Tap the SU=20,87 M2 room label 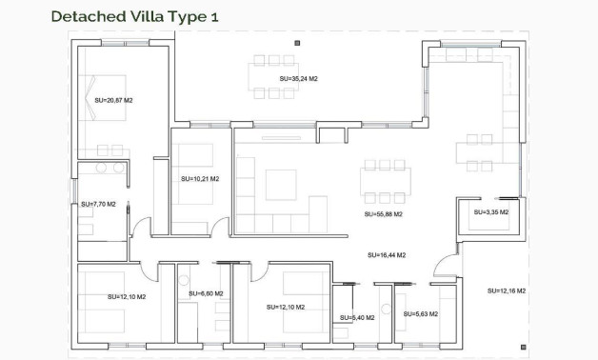click(113, 99)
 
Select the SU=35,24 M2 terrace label click(298, 79)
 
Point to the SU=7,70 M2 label click(98, 204)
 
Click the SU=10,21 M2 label click(200, 178)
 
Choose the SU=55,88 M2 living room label click(383, 214)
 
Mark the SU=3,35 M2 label click(490, 212)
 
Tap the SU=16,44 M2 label click(387, 255)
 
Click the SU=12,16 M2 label click(507, 290)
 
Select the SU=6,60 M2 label click(206, 293)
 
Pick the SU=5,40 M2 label click(357, 317)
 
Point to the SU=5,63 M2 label click(421, 313)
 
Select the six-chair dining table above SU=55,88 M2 click(385, 177)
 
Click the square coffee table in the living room click(281, 184)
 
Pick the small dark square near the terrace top click(297, 43)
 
